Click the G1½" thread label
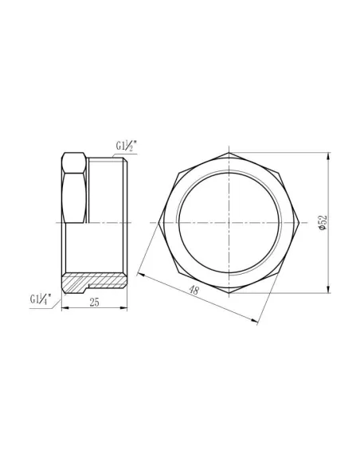[x=126, y=147]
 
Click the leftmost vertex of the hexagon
[x=159, y=221]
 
